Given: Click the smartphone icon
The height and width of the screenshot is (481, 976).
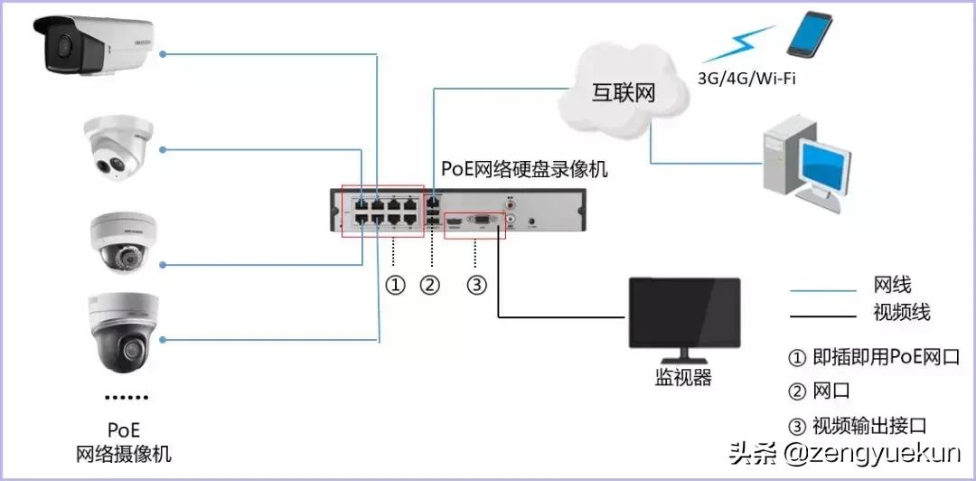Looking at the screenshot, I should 808,36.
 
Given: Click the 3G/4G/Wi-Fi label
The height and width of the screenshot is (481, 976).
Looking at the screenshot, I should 746,79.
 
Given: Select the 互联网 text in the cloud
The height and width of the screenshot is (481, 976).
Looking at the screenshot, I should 623,92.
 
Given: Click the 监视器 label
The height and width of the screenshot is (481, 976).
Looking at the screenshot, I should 683,378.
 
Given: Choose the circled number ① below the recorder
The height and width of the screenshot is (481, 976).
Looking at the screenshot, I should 394,285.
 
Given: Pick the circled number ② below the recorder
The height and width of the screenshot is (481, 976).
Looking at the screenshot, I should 430,285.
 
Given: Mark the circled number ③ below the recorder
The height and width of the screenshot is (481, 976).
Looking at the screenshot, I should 476,285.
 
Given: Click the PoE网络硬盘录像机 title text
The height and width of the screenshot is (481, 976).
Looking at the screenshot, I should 524,169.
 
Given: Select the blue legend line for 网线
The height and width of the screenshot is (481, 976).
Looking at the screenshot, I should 822,291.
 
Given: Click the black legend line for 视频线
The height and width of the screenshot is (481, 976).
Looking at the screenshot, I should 822,316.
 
